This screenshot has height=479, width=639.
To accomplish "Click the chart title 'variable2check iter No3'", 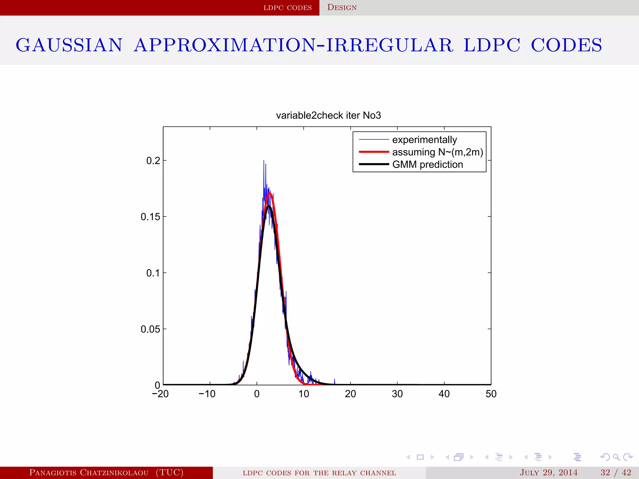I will (x=328, y=115).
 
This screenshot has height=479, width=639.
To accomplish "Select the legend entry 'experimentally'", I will (x=424, y=140).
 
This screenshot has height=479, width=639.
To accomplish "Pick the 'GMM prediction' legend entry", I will (x=427, y=164).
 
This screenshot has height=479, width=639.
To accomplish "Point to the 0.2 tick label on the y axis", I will (x=153, y=161).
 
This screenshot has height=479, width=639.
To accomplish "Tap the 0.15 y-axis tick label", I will (x=150, y=217).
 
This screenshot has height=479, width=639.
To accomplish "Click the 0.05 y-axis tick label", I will (x=150, y=329).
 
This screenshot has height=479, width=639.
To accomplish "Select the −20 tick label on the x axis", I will (x=160, y=394).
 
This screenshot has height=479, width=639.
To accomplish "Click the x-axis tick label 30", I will (x=397, y=394).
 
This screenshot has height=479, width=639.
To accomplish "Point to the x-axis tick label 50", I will (x=491, y=394).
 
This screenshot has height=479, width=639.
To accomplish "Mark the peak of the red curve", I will (x=270, y=193).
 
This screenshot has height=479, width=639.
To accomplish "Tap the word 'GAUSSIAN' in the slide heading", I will (x=69, y=45).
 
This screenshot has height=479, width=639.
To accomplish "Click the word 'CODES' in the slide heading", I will (x=566, y=45).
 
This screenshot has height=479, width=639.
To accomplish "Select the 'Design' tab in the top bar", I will (x=342, y=7).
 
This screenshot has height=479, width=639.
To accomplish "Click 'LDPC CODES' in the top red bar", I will (x=287, y=8).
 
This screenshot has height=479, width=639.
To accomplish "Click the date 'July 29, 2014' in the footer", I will (x=549, y=472).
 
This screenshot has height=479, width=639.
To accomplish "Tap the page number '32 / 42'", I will (x=616, y=472).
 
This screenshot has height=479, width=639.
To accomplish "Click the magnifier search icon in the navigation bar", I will (x=616, y=457).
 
